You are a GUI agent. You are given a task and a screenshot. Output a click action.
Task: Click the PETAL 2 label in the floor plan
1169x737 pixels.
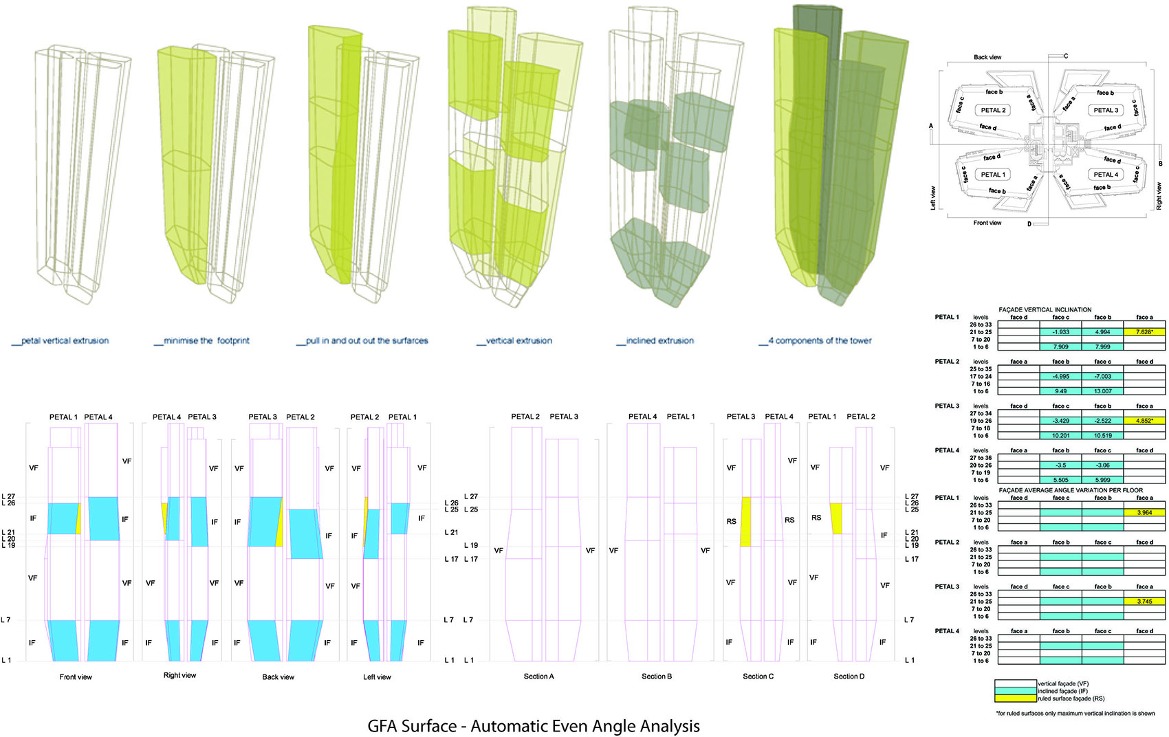coord(993,110)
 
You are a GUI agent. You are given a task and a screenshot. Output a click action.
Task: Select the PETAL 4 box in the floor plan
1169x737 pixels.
coord(1106,175)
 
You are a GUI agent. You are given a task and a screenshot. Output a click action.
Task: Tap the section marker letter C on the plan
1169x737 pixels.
coord(1066,56)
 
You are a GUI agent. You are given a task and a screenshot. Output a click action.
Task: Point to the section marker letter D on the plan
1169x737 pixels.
coord(1029,224)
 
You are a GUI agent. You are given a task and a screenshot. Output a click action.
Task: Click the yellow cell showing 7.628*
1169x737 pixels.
coord(1144,332)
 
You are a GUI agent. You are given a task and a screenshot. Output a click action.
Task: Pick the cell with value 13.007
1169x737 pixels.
coord(1102,391)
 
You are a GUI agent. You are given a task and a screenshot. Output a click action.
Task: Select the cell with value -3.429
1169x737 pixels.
coord(1060,421)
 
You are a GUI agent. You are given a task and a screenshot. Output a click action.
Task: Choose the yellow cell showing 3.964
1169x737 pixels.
coord(1144,513)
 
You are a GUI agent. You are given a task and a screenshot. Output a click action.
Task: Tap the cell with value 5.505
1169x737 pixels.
coord(1060,480)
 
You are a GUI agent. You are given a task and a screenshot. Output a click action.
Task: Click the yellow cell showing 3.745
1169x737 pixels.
coord(1144,602)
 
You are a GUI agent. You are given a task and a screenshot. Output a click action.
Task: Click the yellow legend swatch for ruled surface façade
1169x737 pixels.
coord(1016,698)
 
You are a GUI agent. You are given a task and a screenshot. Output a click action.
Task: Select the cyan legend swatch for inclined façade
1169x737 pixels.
coord(1016,691)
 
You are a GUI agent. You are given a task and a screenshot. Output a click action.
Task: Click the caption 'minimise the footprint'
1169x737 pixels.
coord(206,340)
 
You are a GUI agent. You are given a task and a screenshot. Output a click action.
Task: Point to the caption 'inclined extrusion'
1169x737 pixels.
coord(659,340)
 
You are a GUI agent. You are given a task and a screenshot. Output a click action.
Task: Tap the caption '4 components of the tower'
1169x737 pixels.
coord(819,340)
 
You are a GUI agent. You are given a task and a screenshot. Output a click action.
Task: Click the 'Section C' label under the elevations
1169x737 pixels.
coord(758,676)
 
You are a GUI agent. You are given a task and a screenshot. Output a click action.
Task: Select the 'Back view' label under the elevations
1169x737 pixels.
coord(278,677)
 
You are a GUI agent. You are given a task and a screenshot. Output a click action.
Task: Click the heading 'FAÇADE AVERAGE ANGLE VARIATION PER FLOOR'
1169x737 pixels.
coord(1071,490)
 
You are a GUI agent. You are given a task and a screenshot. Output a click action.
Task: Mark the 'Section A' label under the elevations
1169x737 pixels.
coord(538,676)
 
